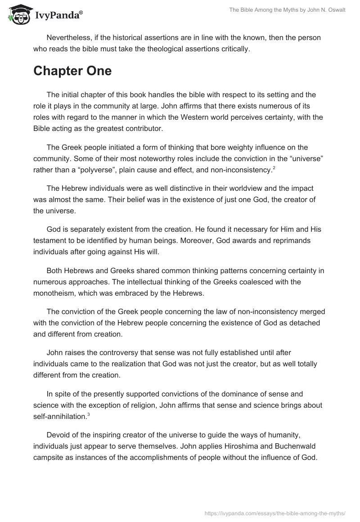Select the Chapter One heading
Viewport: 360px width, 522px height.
(x=72, y=71)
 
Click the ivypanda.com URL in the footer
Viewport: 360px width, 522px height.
(x=275, y=512)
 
